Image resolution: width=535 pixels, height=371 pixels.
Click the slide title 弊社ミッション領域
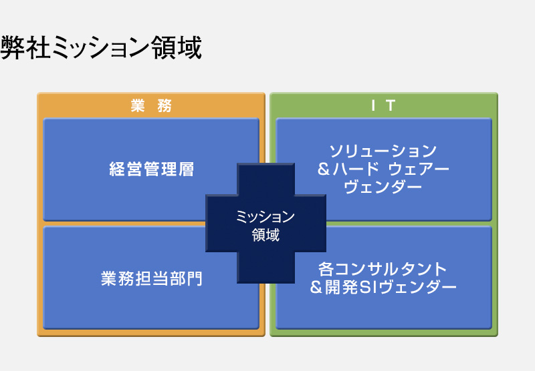pyautogui.click(x=101, y=47)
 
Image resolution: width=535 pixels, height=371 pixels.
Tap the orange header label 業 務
pyautogui.click(x=151, y=105)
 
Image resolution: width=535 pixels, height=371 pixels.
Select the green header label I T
pyautogui.click(x=383, y=105)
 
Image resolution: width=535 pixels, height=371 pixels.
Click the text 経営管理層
pyautogui.click(x=152, y=169)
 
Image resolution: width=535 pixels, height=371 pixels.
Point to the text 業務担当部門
pyautogui.click(x=152, y=279)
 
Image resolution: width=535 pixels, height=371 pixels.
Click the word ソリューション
pyautogui.click(x=383, y=151)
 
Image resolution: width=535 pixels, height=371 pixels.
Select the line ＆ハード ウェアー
pyautogui.click(x=383, y=169)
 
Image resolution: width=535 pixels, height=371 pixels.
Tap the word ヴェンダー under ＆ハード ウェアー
pyautogui.click(x=383, y=187)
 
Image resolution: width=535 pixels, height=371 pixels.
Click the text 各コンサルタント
pyautogui.click(x=383, y=269)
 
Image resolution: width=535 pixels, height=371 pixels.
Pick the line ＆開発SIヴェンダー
pyautogui.click(x=383, y=288)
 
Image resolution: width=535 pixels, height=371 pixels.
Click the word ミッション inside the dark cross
pyautogui.click(x=265, y=217)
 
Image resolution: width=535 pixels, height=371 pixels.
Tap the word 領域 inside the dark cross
pyautogui.click(x=265, y=235)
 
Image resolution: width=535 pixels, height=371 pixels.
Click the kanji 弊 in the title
pyautogui.click(x=13, y=47)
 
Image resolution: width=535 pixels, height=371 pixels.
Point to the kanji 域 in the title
pyautogui.click(x=189, y=47)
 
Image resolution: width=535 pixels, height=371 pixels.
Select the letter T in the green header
pyautogui.click(x=391, y=105)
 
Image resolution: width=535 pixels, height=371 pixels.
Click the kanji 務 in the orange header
pyautogui.click(x=165, y=105)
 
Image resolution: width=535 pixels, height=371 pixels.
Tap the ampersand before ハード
pyautogui.click(x=324, y=169)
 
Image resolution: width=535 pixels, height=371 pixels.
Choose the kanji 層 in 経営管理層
pyautogui.click(x=187, y=169)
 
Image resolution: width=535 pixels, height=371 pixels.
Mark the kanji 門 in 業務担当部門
pyautogui.click(x=195, y=279)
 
